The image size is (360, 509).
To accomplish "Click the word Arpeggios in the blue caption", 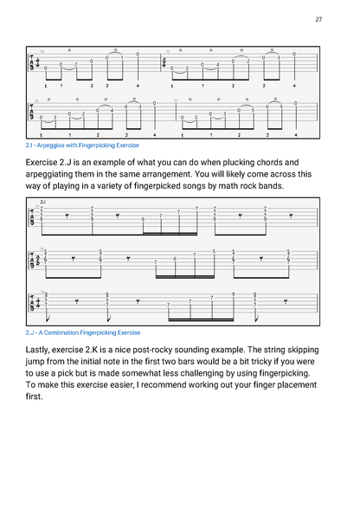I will [55, 145].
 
